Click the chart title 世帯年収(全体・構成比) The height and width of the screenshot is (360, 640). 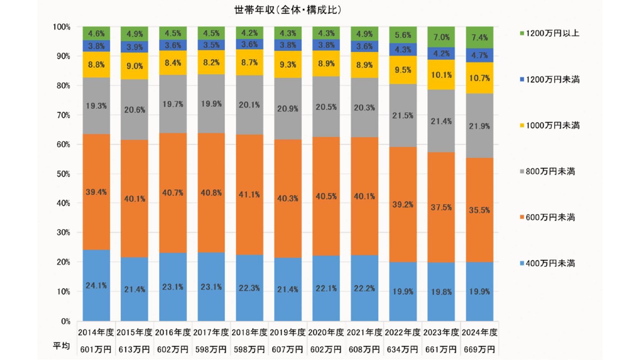pyautogui.click(x=284, y=9)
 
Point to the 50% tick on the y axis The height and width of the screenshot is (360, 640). pyautogui.click(x=62, y=174)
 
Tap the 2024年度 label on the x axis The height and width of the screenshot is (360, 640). pyautogui.click(x=479, y=332)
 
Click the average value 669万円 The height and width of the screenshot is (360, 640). pyautogui.click(x=479, y=348)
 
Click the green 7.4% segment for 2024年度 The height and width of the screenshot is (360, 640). pyautogui.click(x=479, y=37)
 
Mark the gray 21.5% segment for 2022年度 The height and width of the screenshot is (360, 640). pyautogui.click(x=402, y=115)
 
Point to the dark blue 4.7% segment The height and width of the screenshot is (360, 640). pyautogui.click(x=479, y=55)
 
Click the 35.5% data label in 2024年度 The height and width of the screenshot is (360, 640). pyautogui.click(x=479, y=210)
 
